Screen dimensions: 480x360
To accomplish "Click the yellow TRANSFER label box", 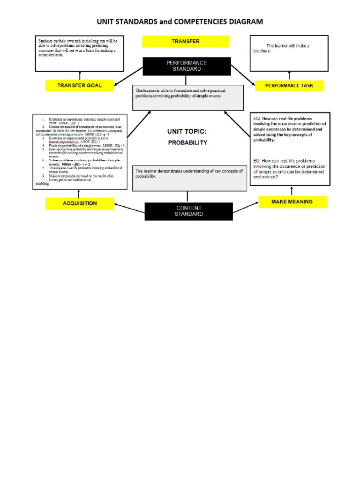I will pos(185,41).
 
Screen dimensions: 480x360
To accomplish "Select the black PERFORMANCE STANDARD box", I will pos(187,66).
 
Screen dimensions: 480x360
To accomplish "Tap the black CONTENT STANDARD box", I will pos(188,211).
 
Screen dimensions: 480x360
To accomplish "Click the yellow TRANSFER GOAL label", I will pos(79,85).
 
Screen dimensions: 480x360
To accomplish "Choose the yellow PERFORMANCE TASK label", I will pos(289,85).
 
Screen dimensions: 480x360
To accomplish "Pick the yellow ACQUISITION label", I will pos(80,203).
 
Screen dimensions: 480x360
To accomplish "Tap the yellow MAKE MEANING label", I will pos(292,202).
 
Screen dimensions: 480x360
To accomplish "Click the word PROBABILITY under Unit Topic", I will pos(187,142).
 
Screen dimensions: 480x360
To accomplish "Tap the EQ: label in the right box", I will pos(257,119).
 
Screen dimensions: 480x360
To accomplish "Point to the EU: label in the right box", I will pos(257,160).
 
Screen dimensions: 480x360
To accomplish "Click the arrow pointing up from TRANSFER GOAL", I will pos(80,75).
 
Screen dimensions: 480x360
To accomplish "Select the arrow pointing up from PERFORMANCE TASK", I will pos(289,75).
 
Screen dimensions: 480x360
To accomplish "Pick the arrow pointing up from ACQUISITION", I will pos(80,193).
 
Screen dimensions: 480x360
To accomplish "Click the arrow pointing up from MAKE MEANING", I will pos(292,191).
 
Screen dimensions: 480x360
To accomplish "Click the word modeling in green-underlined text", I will pos(43,184).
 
